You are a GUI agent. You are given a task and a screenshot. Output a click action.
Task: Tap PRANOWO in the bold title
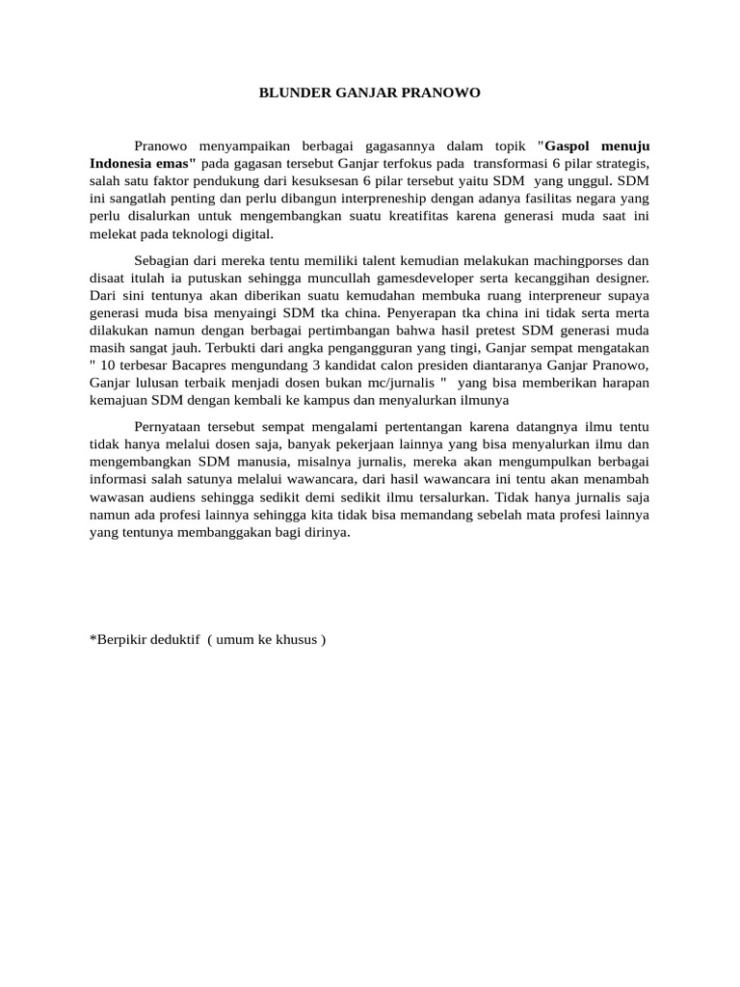(446, 93)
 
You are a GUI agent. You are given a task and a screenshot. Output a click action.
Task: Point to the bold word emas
(175, 163)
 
